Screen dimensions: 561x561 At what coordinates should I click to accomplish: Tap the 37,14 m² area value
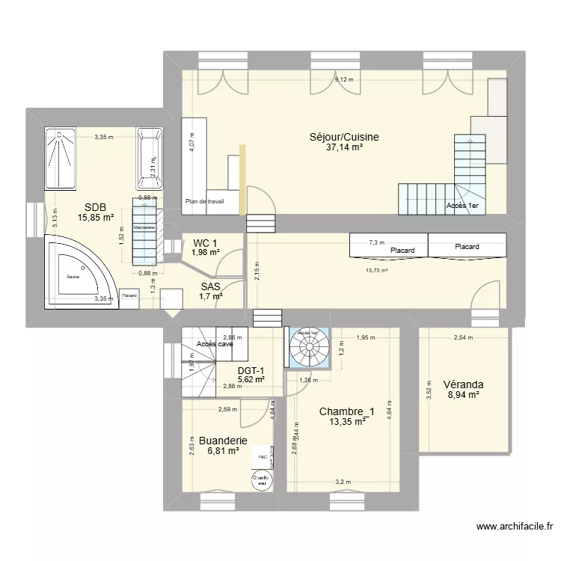(345, 148)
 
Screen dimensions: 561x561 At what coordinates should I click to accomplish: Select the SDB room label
(95, 207)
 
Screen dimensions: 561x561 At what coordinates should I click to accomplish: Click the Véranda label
(463, 384)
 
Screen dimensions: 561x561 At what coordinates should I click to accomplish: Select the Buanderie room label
(223, 441)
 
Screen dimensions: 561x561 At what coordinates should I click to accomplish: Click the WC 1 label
(205, 242)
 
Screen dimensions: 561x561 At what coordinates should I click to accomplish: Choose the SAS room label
(211, 286)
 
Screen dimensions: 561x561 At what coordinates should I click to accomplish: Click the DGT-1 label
(251, 370)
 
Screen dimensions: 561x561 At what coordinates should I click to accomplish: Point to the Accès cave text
(215, 344)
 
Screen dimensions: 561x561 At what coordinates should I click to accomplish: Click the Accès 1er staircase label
(463, 206)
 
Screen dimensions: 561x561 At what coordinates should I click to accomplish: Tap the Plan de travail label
(205, 201)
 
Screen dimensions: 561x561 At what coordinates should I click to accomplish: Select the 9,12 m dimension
(345, 79)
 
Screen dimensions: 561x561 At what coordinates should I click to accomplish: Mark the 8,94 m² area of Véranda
(463, 396)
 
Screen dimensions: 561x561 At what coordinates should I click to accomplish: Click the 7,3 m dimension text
(376, 242)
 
